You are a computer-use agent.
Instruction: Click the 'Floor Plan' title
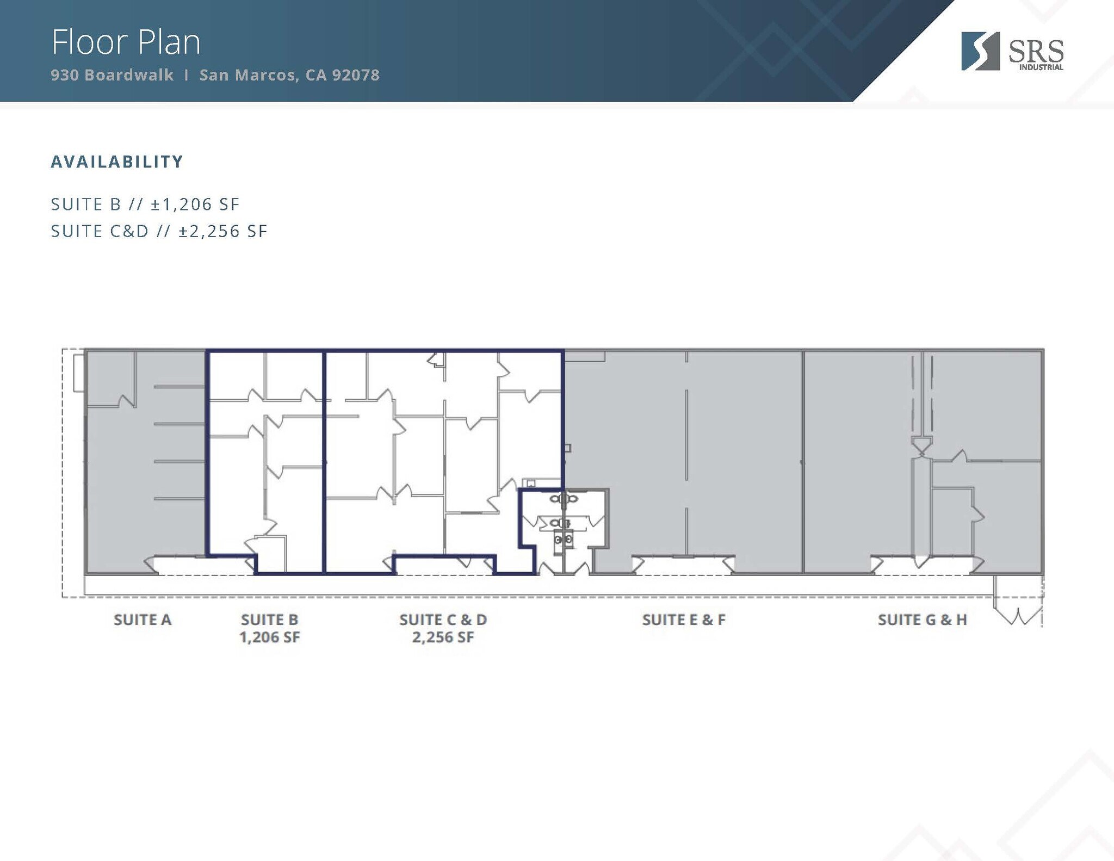point(126,42)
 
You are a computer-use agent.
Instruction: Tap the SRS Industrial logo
point(1012,52)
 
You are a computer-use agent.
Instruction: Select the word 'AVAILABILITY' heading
point(117,162)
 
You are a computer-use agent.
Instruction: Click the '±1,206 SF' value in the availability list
point(195,204)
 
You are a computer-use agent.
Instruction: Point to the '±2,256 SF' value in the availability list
point(223,231)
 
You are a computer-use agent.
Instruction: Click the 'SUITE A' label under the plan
point(143,620)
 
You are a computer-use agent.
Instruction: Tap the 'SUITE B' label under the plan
point(270,620)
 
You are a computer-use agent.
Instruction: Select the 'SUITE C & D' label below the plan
point(443,620)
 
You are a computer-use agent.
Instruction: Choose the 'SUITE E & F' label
point(684,620)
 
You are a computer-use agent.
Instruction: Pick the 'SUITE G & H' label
point(923,620)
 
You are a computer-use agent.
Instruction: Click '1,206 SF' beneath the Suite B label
point(270,637)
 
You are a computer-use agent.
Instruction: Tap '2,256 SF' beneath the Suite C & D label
point(443,637)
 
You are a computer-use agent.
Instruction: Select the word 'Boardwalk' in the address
point(129,75)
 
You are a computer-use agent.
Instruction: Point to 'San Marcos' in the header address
point(247,75)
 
